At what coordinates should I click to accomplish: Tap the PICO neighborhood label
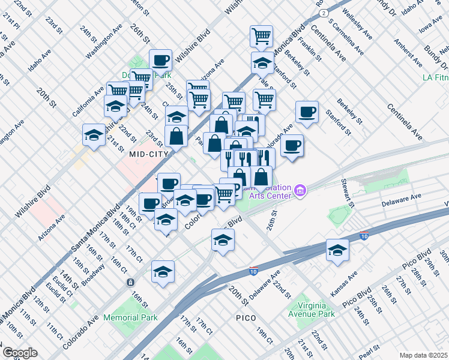click(246, 317)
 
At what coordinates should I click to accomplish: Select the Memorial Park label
click(130, 317)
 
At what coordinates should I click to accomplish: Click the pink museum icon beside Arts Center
click(301, 192)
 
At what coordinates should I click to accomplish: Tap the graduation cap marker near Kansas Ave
click(338, 250)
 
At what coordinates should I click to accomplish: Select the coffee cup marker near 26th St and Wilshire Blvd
click(161, 60)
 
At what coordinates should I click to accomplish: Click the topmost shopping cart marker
click(262, 36)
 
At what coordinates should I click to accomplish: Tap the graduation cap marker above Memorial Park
click(163, 272)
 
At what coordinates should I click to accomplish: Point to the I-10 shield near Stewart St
click(364, 236)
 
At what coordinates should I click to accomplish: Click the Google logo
click(20, 352)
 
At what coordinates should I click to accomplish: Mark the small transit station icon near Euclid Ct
click(129, 282)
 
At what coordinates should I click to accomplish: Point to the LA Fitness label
click(435, 77)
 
